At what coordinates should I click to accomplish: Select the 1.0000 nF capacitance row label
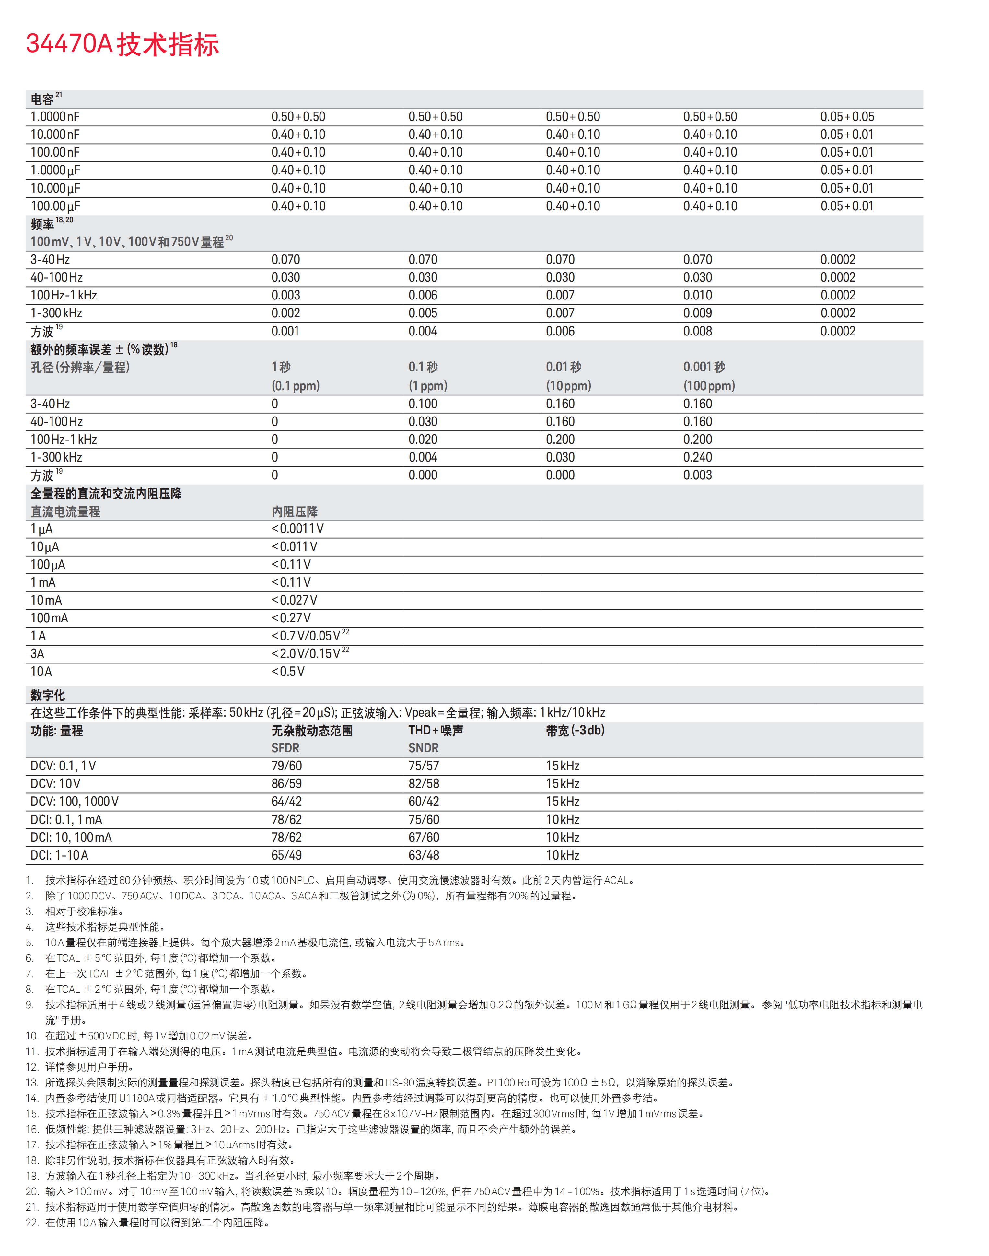point(55,117)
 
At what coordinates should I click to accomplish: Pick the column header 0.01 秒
point(564,367)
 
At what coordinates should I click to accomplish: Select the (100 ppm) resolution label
point(709,386)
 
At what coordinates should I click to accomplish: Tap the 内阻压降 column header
point(295,512)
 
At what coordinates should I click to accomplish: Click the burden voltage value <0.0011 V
point(297,529)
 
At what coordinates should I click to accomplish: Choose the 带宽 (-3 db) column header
point(575,731)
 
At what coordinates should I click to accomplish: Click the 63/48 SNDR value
point(424,855)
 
